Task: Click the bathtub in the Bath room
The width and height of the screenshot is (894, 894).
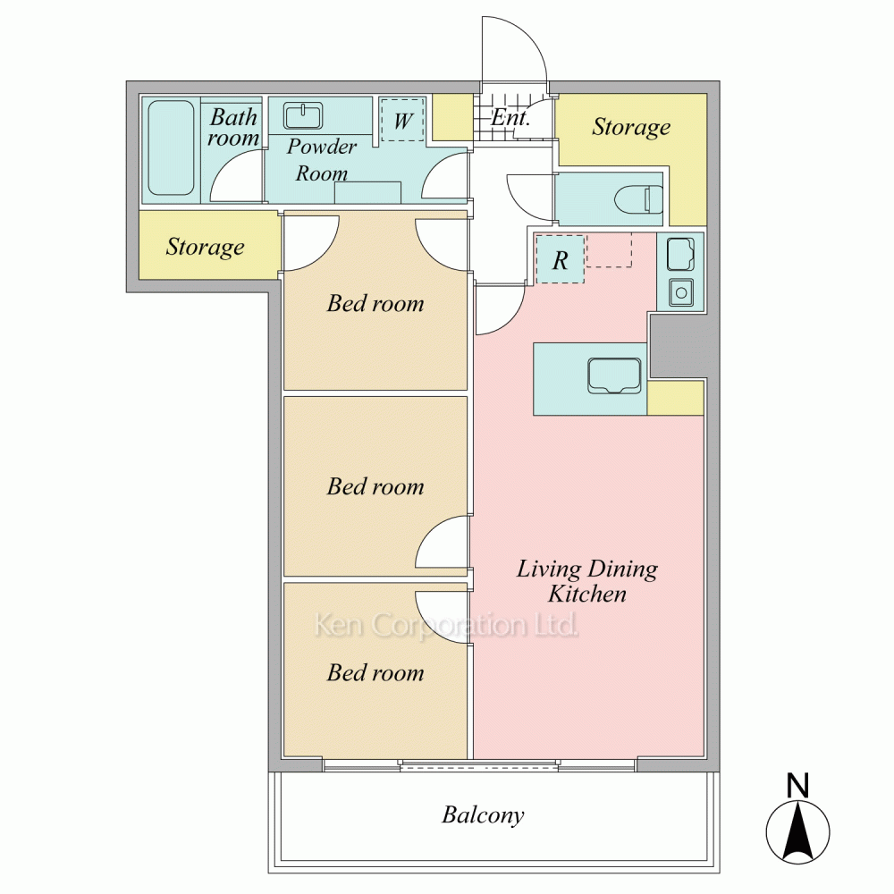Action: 171,148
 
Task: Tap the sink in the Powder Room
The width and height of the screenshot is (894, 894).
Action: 303,116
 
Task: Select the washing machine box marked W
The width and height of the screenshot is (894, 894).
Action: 402,120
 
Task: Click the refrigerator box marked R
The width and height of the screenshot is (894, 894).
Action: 561,260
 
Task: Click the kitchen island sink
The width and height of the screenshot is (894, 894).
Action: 614,375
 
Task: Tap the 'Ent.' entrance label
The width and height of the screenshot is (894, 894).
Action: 510,118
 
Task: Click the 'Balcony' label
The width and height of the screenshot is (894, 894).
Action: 483,814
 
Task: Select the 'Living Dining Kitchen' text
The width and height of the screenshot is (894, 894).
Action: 587,581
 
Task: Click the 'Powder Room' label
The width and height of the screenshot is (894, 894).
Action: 322,160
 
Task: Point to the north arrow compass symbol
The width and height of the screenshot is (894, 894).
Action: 797,831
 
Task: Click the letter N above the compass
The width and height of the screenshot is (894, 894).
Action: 797,785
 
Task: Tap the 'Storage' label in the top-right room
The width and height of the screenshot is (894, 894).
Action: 631,128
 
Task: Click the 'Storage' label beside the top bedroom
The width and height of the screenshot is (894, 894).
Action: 206,248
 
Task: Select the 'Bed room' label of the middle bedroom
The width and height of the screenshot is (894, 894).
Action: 375,486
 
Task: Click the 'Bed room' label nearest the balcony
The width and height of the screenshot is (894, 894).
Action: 375,673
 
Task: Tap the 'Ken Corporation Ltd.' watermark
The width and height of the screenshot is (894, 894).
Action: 446,625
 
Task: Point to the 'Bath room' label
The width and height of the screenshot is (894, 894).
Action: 233,127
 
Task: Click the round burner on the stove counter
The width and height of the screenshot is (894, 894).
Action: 680,292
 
